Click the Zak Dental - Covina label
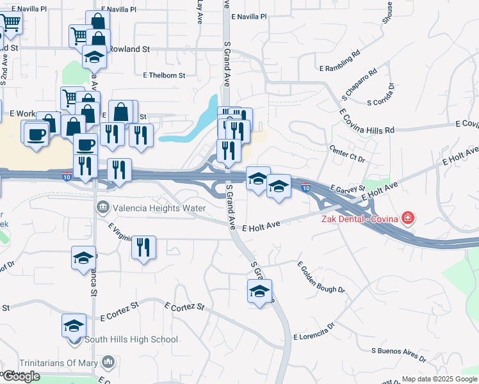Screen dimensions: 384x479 (x=358, y=219)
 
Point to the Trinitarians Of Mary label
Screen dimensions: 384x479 (x=58, y=363)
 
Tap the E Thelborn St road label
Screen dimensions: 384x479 (x=164, y=75)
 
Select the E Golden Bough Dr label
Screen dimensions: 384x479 (x=321, y=277)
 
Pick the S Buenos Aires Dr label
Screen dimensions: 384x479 (x=399, y=351)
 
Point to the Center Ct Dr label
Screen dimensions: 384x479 (x=346, y=154)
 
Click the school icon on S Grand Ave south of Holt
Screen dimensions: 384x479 (x=259, y=291)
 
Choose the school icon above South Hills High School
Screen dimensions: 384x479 (x=74, y=325)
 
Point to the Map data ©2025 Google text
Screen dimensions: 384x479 (x=440, y=379)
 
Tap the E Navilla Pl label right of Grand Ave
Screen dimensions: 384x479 (x=249, y=17)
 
